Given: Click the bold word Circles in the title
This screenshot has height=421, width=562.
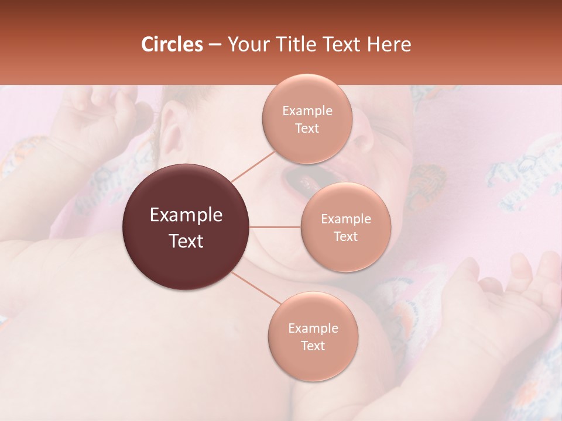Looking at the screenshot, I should click(x=172, y=44).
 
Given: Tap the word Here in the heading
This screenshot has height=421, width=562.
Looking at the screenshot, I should click(x=390, y=44).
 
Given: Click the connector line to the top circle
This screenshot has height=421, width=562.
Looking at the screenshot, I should click(x=252, y=165).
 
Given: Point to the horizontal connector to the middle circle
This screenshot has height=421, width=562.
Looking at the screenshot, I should click(x=275, y=227).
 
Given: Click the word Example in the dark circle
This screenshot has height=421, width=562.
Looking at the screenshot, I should click(x=186, y=215).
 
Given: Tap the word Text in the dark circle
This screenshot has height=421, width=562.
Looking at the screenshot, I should click(x=186, y=241).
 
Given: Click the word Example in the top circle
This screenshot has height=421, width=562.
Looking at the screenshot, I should click(x=307, y=111).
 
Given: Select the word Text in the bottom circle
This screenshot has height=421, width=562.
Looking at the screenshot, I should click(x=313, y=346).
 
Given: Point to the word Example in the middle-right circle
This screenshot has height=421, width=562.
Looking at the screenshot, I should click(x=346, y=219).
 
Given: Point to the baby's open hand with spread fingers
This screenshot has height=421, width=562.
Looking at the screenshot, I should click(x=509, y=298).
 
